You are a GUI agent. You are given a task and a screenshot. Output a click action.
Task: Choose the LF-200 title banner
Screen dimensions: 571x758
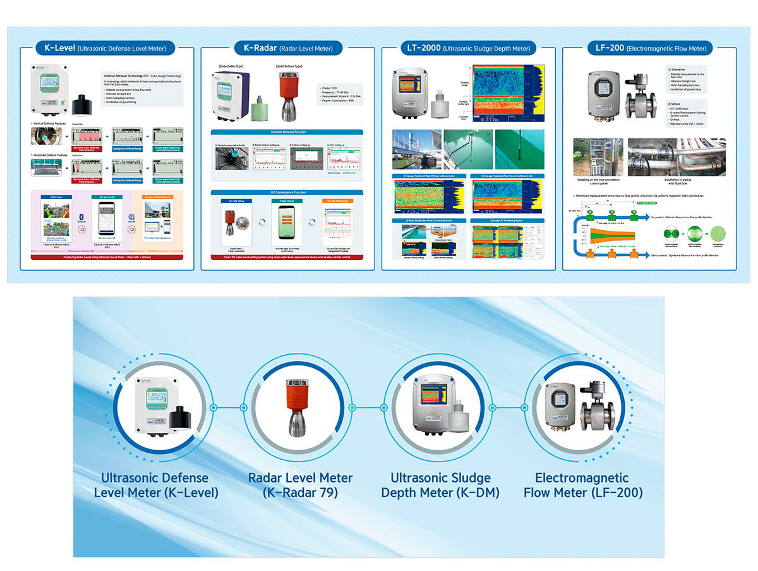pyautogui.click(x=650, y=47)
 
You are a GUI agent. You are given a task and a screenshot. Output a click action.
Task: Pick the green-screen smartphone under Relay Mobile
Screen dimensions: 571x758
pyautogui.click(x=287, y=224)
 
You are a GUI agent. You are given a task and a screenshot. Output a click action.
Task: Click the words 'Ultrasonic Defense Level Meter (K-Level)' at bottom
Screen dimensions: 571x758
pyautogui.click(x=156, y=485)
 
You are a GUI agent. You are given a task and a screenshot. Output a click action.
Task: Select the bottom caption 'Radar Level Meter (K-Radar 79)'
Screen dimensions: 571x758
pyautogui.click(x=299, y=485)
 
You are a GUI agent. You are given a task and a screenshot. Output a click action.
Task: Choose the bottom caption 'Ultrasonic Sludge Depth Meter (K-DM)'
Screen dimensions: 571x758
pyautogui.click(x=441, y=485)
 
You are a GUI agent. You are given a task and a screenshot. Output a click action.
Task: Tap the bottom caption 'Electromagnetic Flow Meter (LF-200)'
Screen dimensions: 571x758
pyautogui.click(x=582, y=485)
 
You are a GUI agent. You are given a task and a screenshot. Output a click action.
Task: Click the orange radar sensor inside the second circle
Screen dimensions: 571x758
pyautogui.click(x=297, y=407)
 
